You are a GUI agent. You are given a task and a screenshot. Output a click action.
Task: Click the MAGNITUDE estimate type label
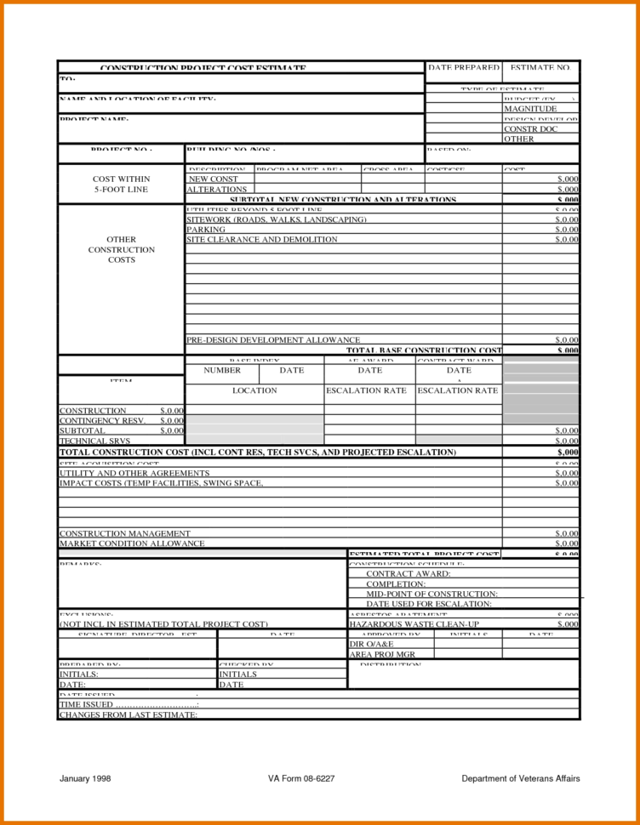530,109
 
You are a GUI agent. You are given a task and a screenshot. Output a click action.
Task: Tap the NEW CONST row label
213,179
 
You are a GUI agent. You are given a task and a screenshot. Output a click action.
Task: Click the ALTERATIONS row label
217,190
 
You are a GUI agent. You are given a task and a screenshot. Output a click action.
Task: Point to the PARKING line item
206,230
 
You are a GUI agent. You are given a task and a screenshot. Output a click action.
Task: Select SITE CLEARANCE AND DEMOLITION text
261,240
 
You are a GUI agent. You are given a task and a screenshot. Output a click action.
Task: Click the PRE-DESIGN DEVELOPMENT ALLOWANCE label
272,339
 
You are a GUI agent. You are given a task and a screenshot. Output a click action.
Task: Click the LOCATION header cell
254,390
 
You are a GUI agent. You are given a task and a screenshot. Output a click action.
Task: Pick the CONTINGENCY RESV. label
102,420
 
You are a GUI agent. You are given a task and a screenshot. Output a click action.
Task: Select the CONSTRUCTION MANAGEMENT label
124,533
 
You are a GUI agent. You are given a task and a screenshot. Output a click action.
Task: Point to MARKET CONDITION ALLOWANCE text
131,543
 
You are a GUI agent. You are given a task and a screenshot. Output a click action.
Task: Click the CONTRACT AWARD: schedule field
408,574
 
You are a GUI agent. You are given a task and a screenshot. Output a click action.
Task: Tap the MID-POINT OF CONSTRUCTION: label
431,594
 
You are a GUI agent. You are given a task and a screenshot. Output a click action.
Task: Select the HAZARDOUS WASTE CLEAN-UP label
414,623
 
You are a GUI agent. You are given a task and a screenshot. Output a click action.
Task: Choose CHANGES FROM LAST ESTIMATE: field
128,714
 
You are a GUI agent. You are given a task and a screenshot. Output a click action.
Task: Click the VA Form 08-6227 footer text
306,778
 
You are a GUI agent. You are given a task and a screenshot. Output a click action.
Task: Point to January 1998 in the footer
85,778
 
